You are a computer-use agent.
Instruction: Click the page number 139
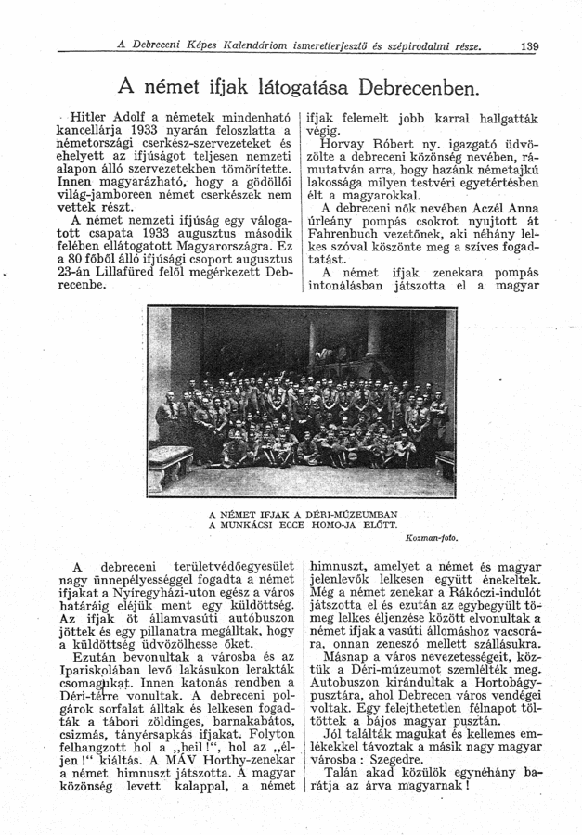click(530, 46)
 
